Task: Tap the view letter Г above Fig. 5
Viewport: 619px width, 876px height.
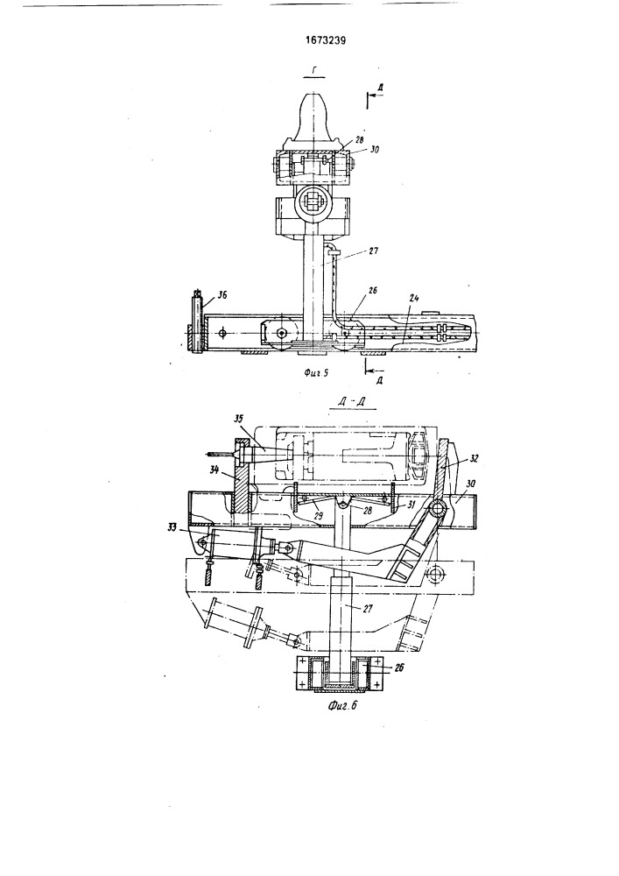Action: (x=315, y=70)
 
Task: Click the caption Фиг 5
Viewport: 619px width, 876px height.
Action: (x=315, y=373)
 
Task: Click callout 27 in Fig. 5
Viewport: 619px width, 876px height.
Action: (x=374, y=251)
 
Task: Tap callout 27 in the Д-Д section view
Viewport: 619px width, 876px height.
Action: (x=367, y=609)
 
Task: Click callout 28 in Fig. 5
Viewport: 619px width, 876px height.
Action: (x=359, y=139)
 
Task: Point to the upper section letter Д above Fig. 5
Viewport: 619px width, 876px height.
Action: (x=380, y=88)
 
